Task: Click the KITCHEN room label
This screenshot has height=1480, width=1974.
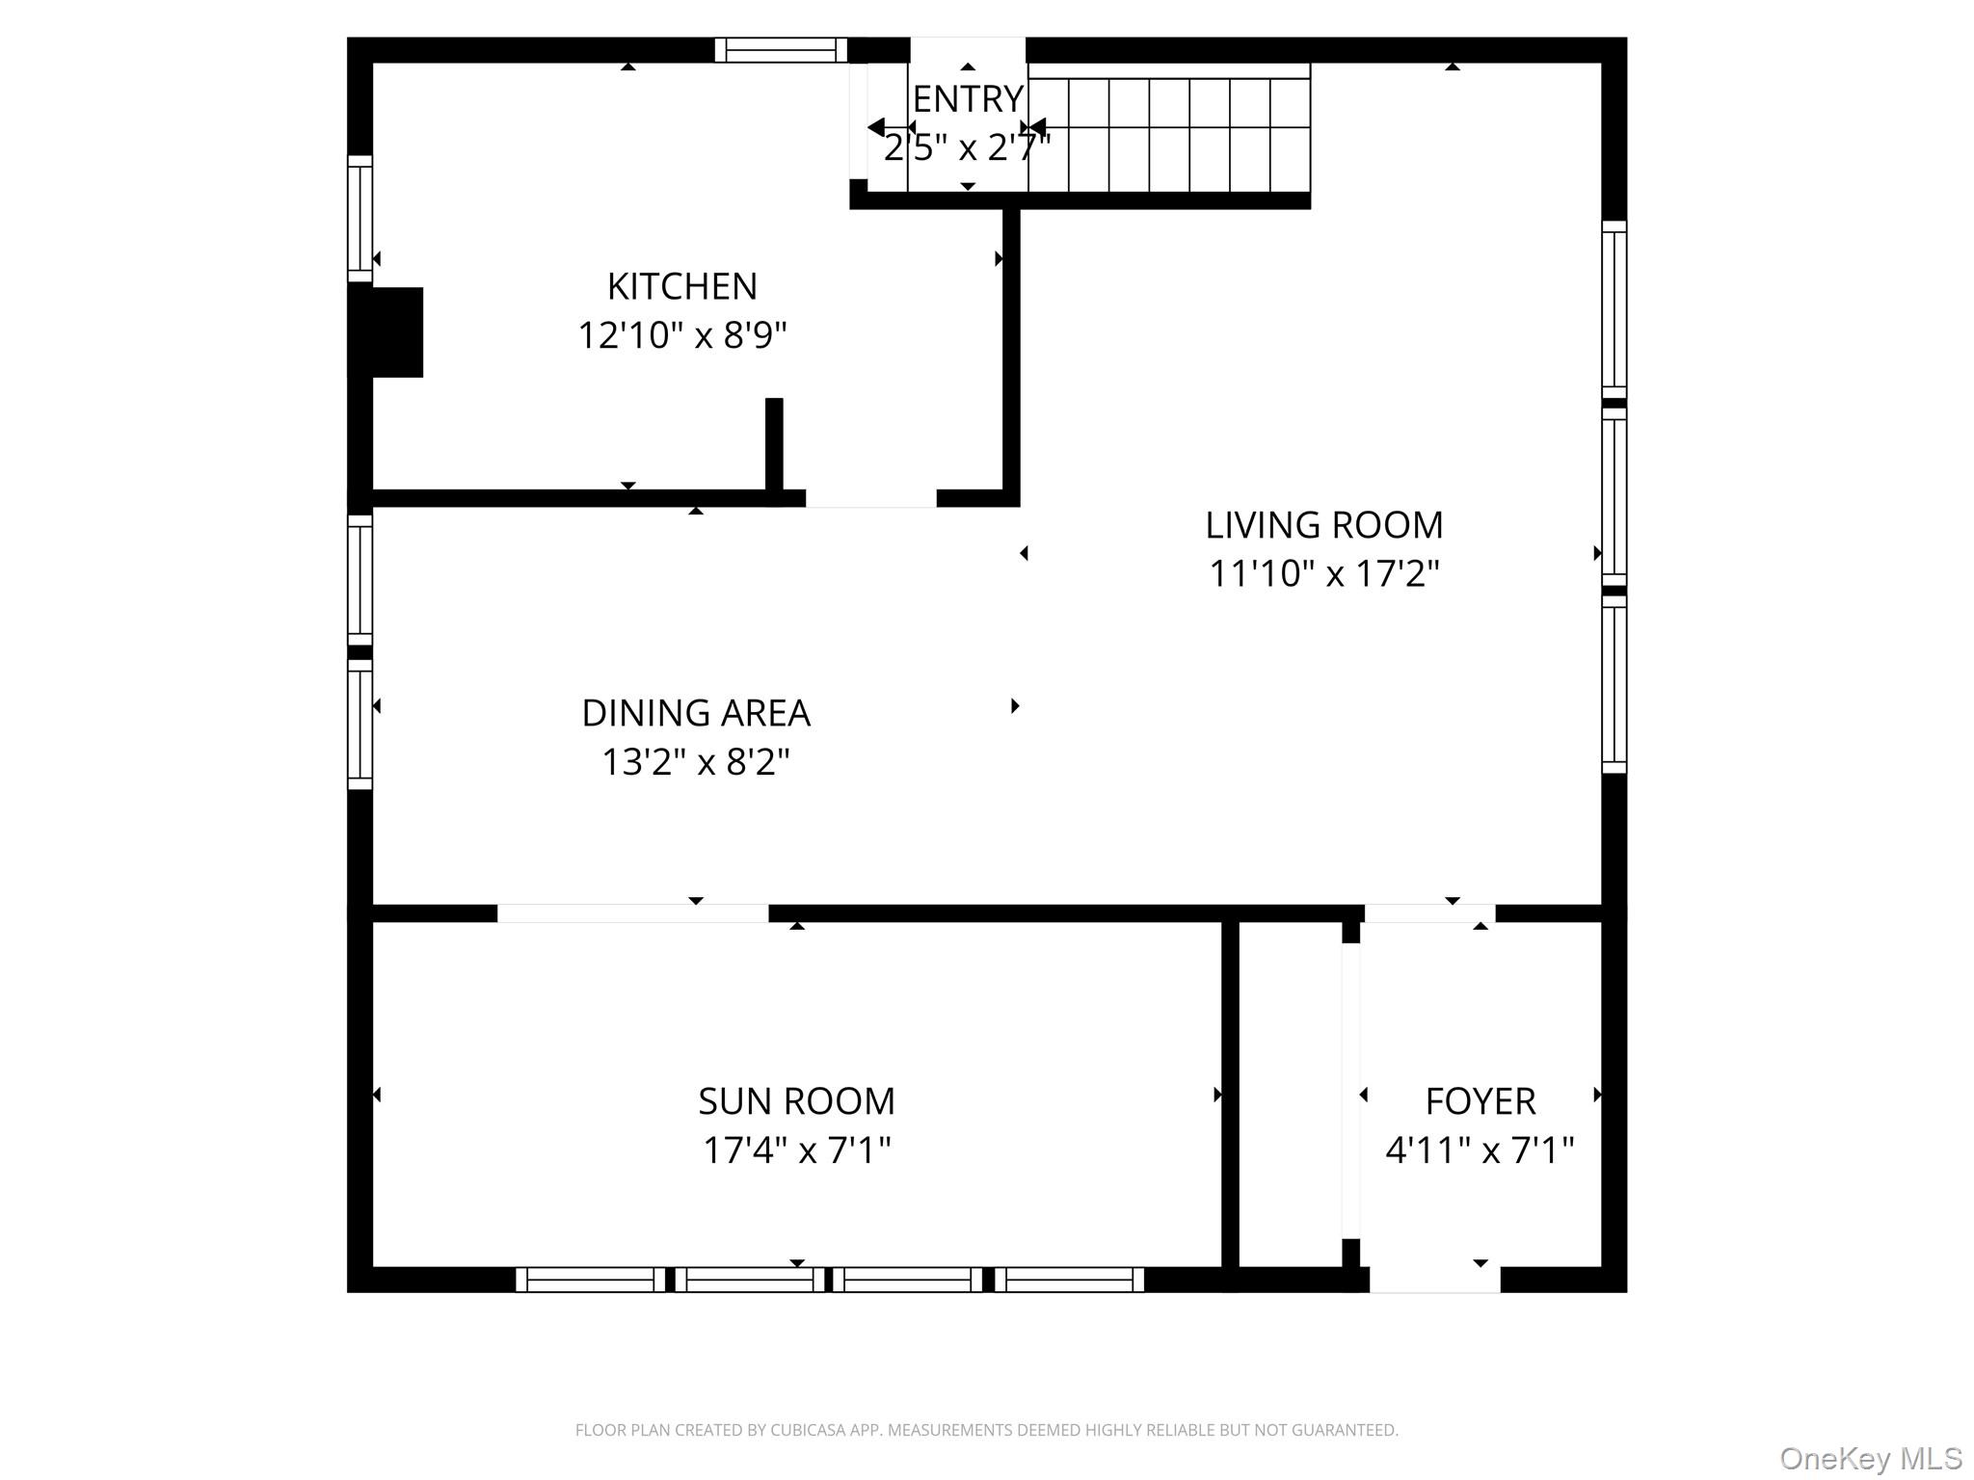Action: (x=681, y=286)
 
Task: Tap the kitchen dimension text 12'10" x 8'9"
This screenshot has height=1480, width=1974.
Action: (x=681, y=335)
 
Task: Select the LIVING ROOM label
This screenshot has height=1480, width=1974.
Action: (x=1323, y=525)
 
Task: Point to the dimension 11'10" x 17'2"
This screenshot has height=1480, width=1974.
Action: (x=1323, y=574)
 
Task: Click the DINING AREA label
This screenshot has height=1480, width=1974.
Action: (x=696, y=713)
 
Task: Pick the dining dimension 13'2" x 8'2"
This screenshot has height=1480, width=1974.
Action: (x=696, y=762)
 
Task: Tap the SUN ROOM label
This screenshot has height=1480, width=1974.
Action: (x=796, y=1100)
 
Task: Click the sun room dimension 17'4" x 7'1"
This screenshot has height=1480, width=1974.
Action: (x=796, y=1150)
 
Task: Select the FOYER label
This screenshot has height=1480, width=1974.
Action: (x=1480, y=1100)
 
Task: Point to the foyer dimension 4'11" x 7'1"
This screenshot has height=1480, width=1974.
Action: (x=1480, y=1150)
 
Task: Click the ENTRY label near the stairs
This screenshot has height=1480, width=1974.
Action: (x=967, y=99)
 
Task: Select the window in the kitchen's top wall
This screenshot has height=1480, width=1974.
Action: (x=780, y=50)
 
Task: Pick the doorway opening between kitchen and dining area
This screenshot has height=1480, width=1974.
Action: (x=870, y=498)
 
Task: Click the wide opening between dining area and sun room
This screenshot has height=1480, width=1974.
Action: (x=632, y=913)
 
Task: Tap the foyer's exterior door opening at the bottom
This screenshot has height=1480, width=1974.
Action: (x=1434, y=1280)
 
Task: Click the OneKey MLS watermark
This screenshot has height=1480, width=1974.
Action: (x=1870, y=1458)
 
